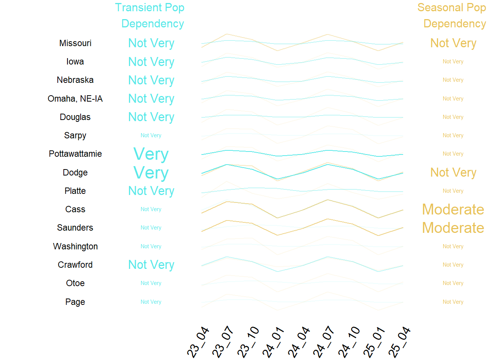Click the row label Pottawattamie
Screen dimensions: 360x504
75,154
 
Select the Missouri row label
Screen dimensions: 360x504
75,43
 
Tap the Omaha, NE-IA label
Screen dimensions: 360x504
75,99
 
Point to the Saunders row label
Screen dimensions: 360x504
75,228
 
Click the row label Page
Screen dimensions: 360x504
75,302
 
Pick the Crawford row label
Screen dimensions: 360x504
75,265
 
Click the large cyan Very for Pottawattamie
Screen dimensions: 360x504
151,154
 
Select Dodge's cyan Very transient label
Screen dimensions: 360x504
151,173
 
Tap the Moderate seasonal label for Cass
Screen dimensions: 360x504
453,209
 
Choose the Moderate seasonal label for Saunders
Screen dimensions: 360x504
453,228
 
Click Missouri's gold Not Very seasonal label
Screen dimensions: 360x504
453,43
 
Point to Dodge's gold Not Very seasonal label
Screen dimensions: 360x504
453,172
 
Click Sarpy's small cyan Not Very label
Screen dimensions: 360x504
151,135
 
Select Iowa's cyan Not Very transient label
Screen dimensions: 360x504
151,62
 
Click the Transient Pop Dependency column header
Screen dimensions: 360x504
150,15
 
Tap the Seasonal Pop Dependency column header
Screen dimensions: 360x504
453,15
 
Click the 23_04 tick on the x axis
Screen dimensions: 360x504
198,342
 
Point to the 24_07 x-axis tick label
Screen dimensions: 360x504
324,342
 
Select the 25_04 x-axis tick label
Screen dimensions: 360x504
400,342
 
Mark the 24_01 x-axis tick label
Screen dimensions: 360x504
273,342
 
